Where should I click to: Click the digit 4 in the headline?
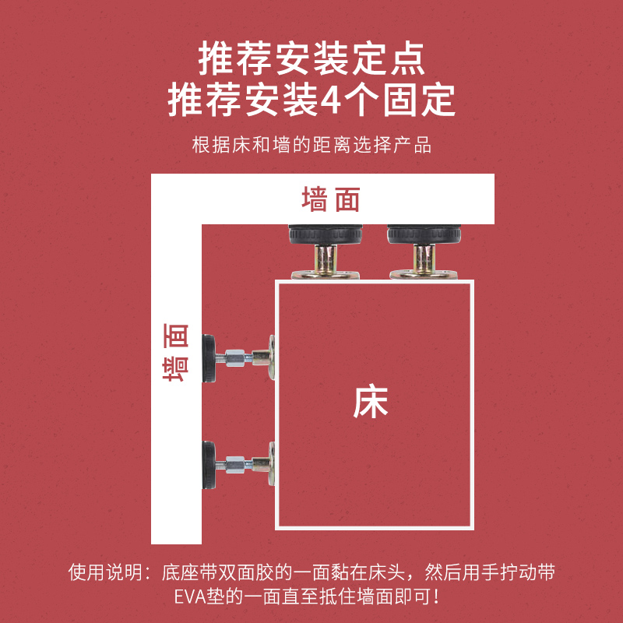point(331,100)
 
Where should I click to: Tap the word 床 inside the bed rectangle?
point(371,402)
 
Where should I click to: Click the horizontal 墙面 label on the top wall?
point(331,200)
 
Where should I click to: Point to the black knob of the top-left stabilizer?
point(325,234)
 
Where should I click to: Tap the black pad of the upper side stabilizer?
point(209,358)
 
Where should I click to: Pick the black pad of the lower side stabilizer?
point(209,464)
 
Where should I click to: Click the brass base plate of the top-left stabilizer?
point(326,274)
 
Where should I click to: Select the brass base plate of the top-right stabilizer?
point(423,274)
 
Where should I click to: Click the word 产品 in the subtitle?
point(414,145)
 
